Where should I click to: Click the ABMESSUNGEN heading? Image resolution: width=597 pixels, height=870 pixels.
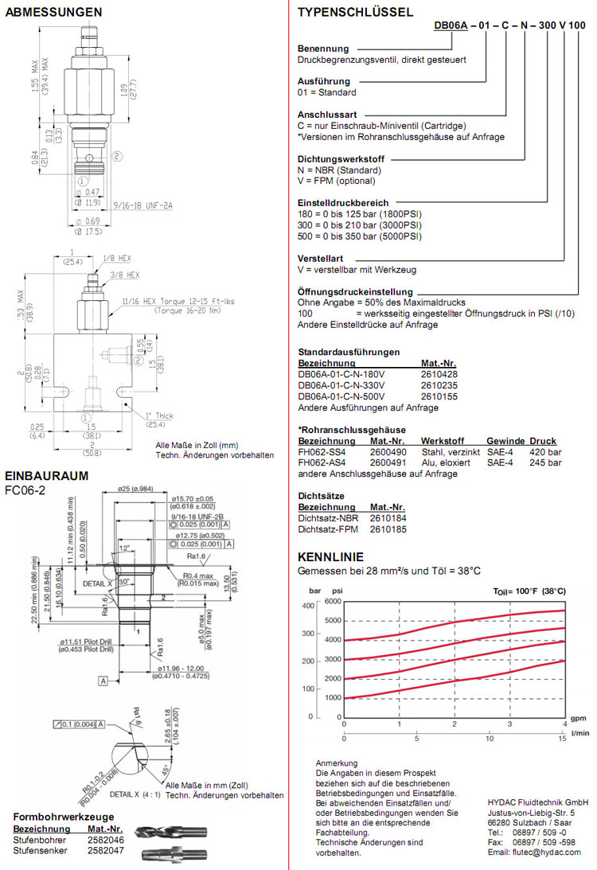tap(53, 12)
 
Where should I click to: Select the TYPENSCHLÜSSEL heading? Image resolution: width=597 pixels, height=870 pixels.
tap(355, 12)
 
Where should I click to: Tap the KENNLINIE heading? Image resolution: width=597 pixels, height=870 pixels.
tap(330, 556)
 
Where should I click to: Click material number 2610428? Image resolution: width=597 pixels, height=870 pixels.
tap(439, 373)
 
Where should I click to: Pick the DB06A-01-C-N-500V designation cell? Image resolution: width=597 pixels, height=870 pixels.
tap(341, 396)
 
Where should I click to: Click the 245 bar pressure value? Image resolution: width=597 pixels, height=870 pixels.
tap(545, 462)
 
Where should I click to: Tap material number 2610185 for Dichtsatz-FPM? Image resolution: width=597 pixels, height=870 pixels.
tap(388, 529)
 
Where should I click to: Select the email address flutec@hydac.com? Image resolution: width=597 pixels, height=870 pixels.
tap(549, 852)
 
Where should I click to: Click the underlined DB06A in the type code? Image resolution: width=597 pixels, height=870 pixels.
tap(451, 25)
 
